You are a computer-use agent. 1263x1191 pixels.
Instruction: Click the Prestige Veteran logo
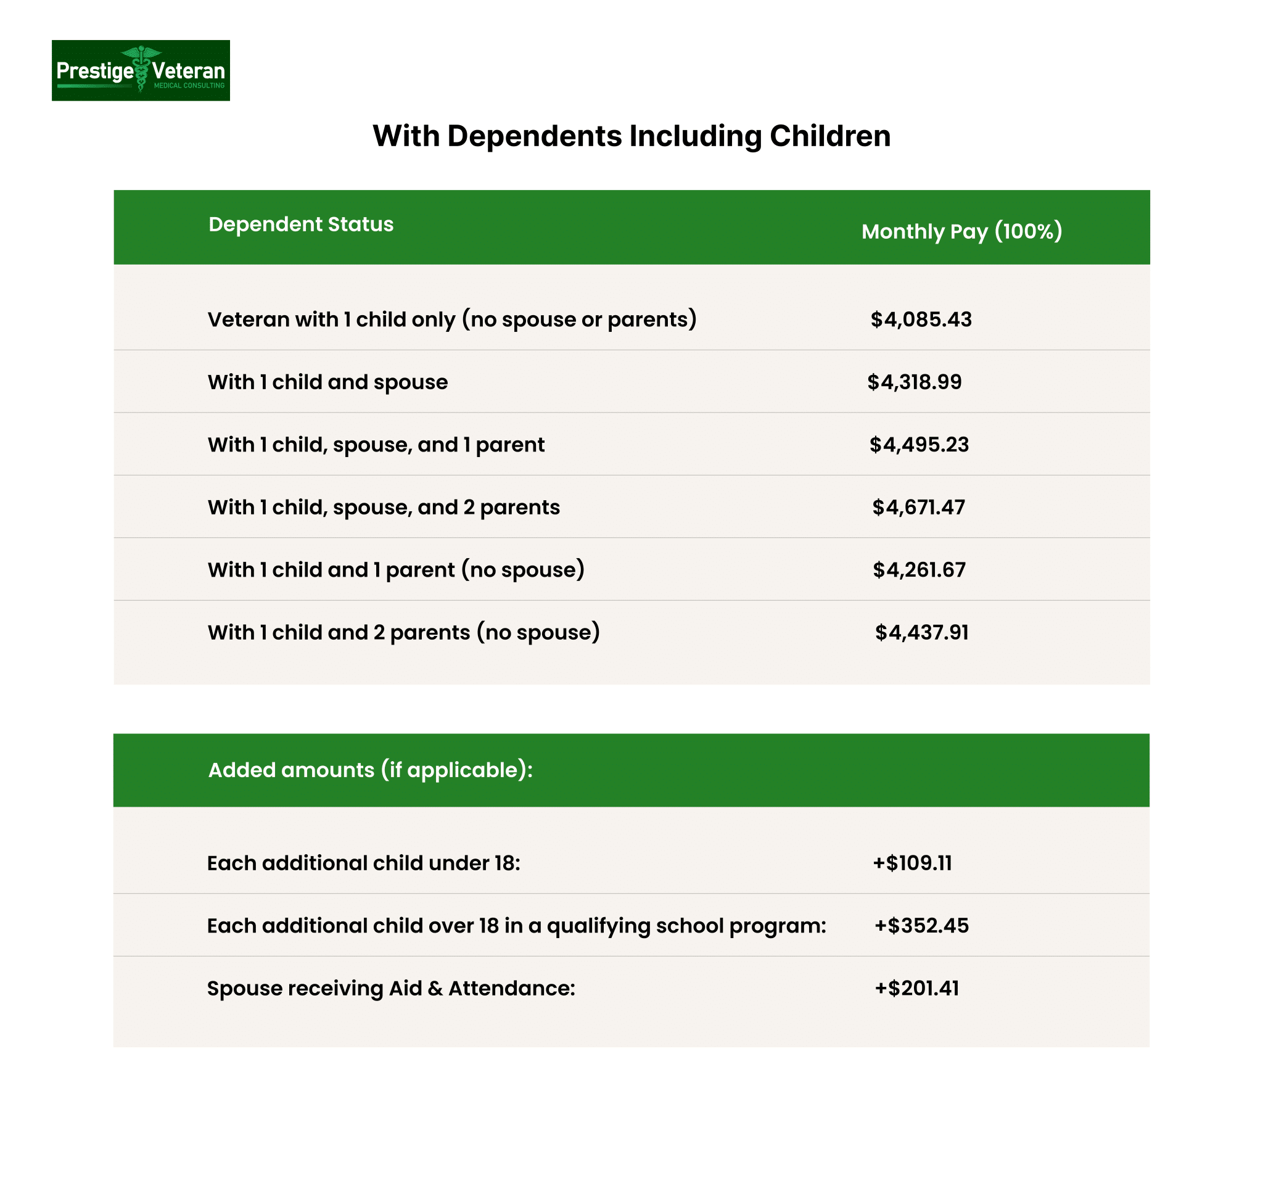pos(141,70)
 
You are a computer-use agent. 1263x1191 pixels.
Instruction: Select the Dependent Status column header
pos(300,225)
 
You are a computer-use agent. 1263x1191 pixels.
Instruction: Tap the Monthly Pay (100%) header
pos(961,231)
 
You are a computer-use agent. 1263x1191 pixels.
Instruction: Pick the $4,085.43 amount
pos(921,319)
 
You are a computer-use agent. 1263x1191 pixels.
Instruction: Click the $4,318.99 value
pos(914,382)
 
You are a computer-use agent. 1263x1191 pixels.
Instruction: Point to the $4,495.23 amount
pos(919,444)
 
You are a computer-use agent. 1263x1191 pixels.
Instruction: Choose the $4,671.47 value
pos(918,507)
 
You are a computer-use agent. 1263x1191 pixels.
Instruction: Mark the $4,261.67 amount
pos(919,569)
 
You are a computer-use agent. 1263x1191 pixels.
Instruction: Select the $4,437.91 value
pos(921,632)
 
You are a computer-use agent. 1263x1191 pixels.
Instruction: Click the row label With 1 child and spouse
pos(327,382)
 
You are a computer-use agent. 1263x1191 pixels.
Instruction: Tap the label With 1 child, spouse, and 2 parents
pos(383,507)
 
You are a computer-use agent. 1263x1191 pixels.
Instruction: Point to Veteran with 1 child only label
pos(451,319)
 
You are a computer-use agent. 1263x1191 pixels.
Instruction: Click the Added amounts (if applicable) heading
pos(371,770)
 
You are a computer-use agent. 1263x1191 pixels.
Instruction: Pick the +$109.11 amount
pos(911,863)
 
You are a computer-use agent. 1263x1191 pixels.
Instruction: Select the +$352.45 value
pos(921,925)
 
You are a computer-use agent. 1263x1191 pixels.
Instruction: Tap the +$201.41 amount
pos(916,988)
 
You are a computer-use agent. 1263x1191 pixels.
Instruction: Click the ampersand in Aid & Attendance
pos(435,989)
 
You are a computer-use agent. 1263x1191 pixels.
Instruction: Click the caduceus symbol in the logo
pos(141,68)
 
